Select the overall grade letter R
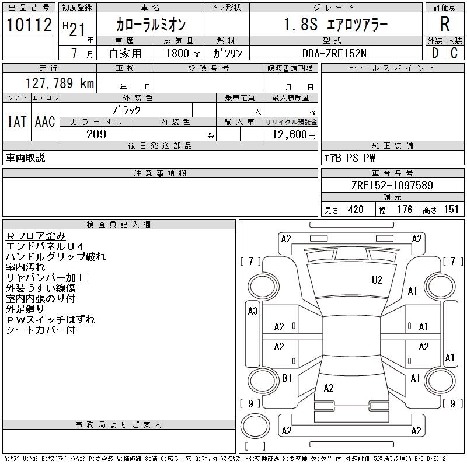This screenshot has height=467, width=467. [x=445, y=25]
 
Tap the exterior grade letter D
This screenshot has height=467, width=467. [x=434, y=53]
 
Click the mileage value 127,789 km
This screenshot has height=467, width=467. [x=60, y=83]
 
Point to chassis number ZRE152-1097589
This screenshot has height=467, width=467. [x=392, y=185]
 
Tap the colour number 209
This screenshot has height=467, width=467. [x=96, y=134]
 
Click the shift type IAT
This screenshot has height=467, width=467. [x=17, y=122]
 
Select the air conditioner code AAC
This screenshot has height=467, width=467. [x=45, y=122]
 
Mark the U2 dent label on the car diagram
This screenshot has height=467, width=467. [x=377, y=280]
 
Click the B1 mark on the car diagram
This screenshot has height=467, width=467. [x=287, y=378]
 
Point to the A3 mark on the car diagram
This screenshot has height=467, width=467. [x=253, y=311]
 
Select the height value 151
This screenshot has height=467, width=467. [x=451, y=210]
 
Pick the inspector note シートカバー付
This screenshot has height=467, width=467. [x=40, y=330]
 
